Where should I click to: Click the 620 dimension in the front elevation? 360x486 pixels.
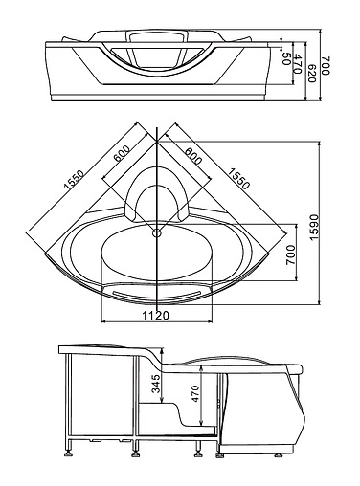point(311,68)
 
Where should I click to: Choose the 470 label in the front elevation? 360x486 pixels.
point(298,63)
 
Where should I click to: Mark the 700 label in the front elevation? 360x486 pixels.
point(326,66)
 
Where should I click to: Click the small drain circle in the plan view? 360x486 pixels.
point(156,232)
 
